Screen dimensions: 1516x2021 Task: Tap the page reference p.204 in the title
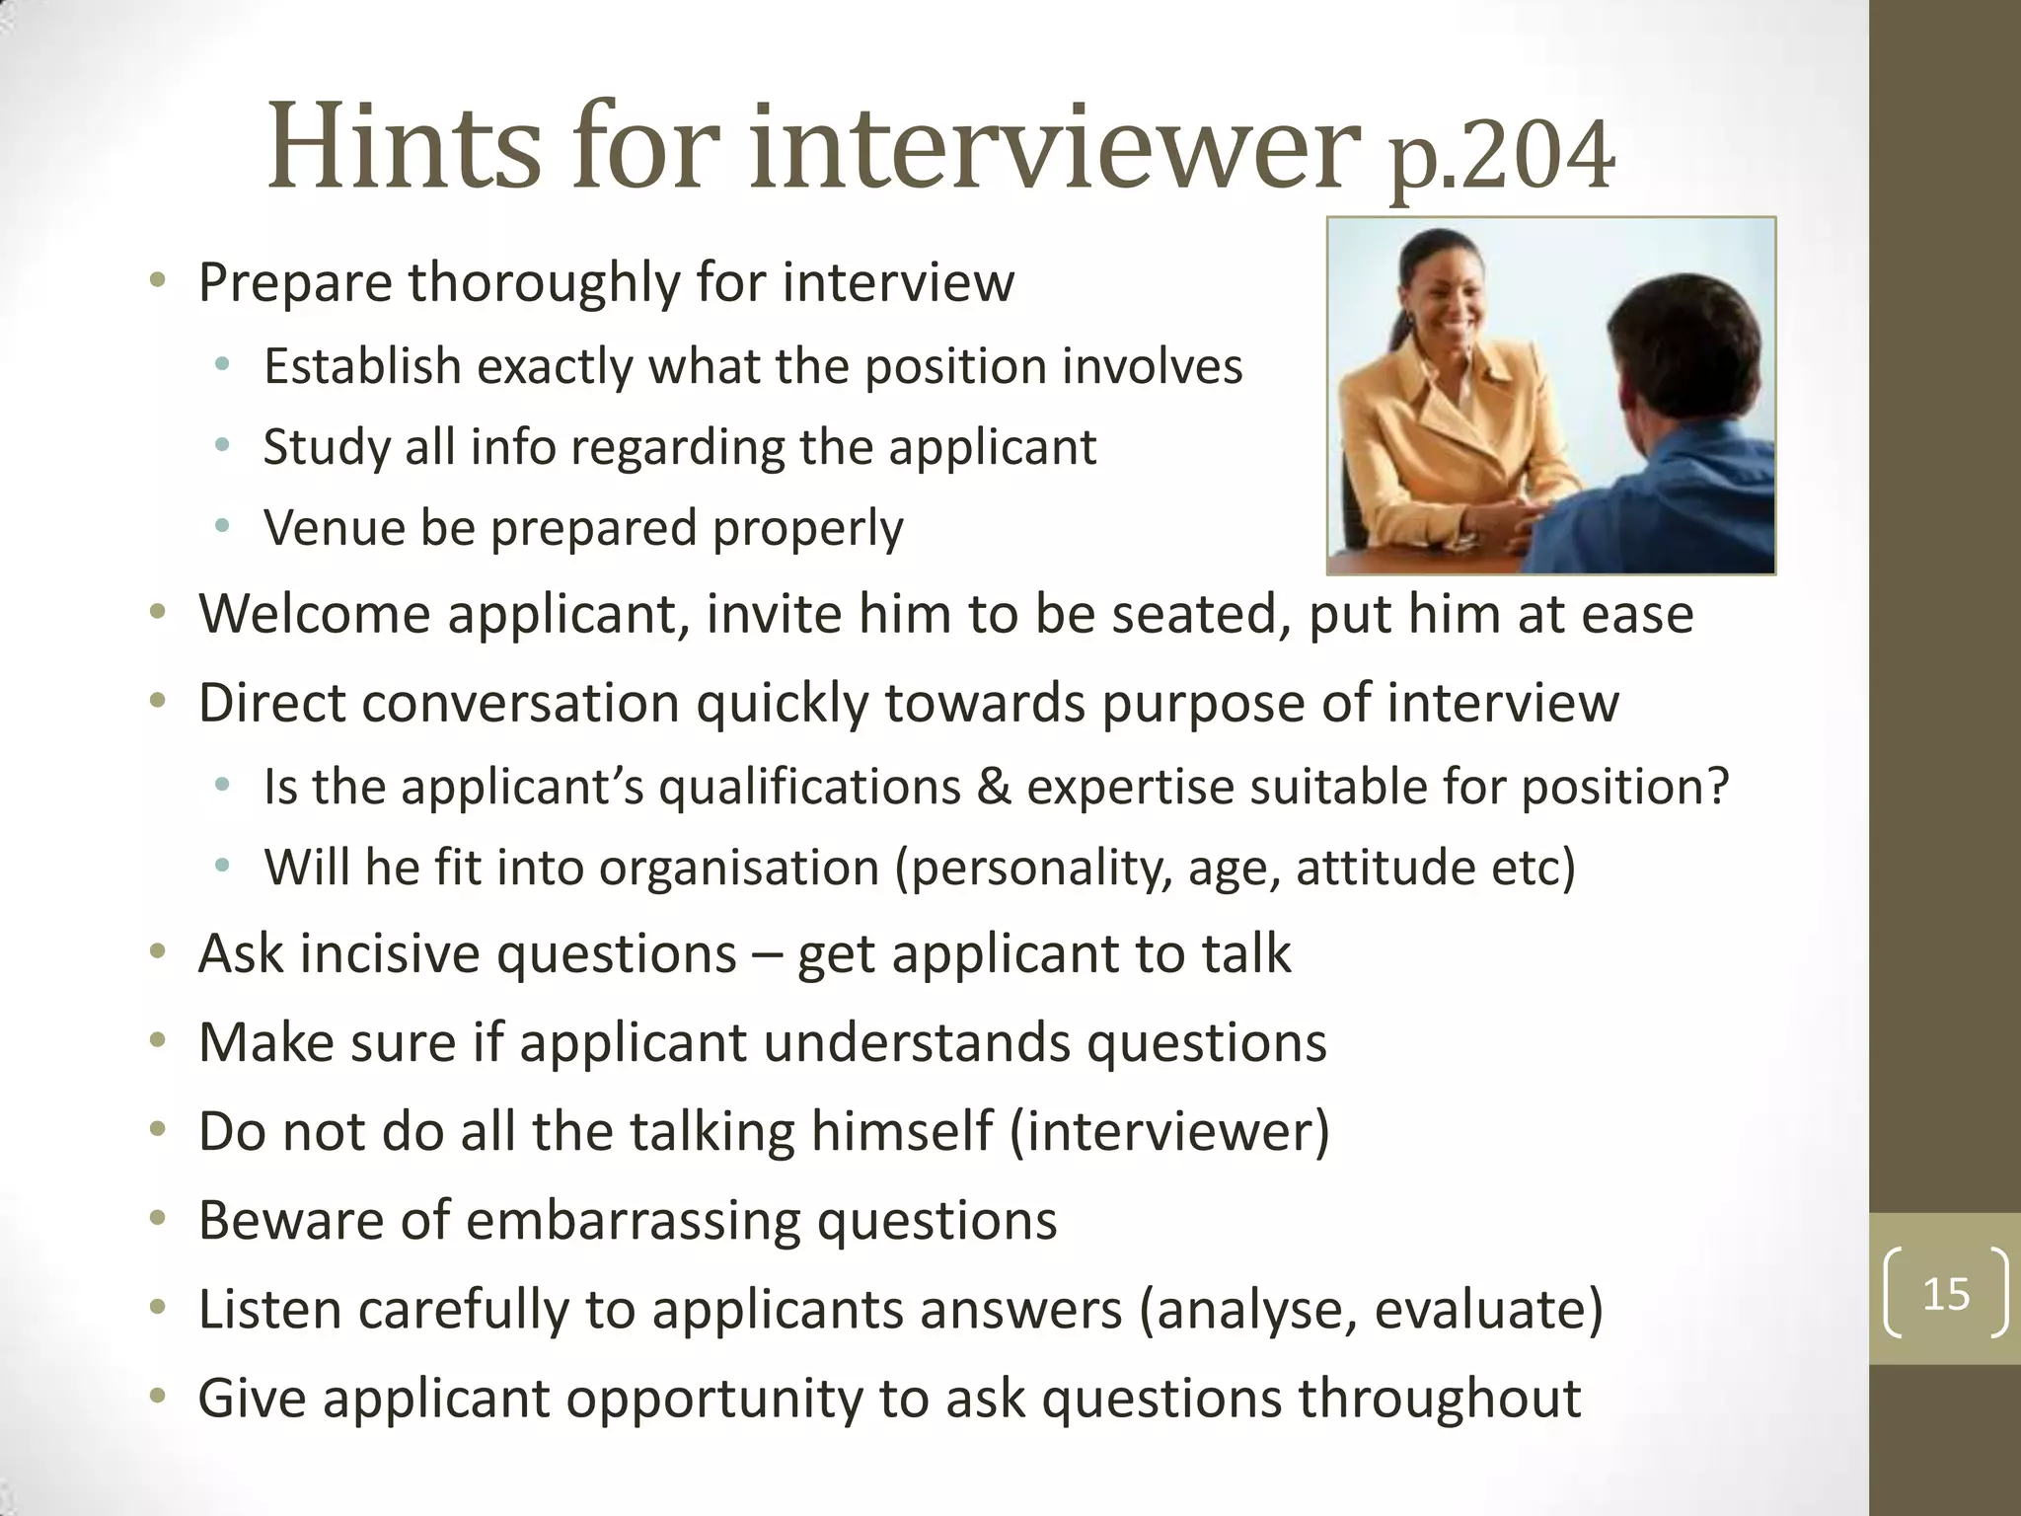[x=1502, y=156]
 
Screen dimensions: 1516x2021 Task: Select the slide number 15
[x=1946, y=1294]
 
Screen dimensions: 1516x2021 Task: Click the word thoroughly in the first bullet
[x=544, y=283]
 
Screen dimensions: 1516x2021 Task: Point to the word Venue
[x=334, y=528]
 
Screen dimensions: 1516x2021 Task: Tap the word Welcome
[x=314, y=614]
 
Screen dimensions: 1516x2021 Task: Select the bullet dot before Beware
[x=157, y=1220]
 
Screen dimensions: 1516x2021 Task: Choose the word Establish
[x=362, y=367]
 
